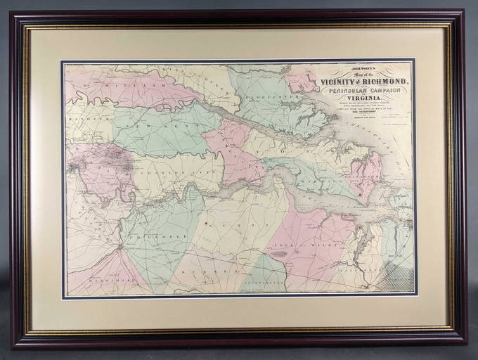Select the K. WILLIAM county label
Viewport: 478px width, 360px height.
(116, 84)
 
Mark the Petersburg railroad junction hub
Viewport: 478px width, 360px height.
(120, 246)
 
